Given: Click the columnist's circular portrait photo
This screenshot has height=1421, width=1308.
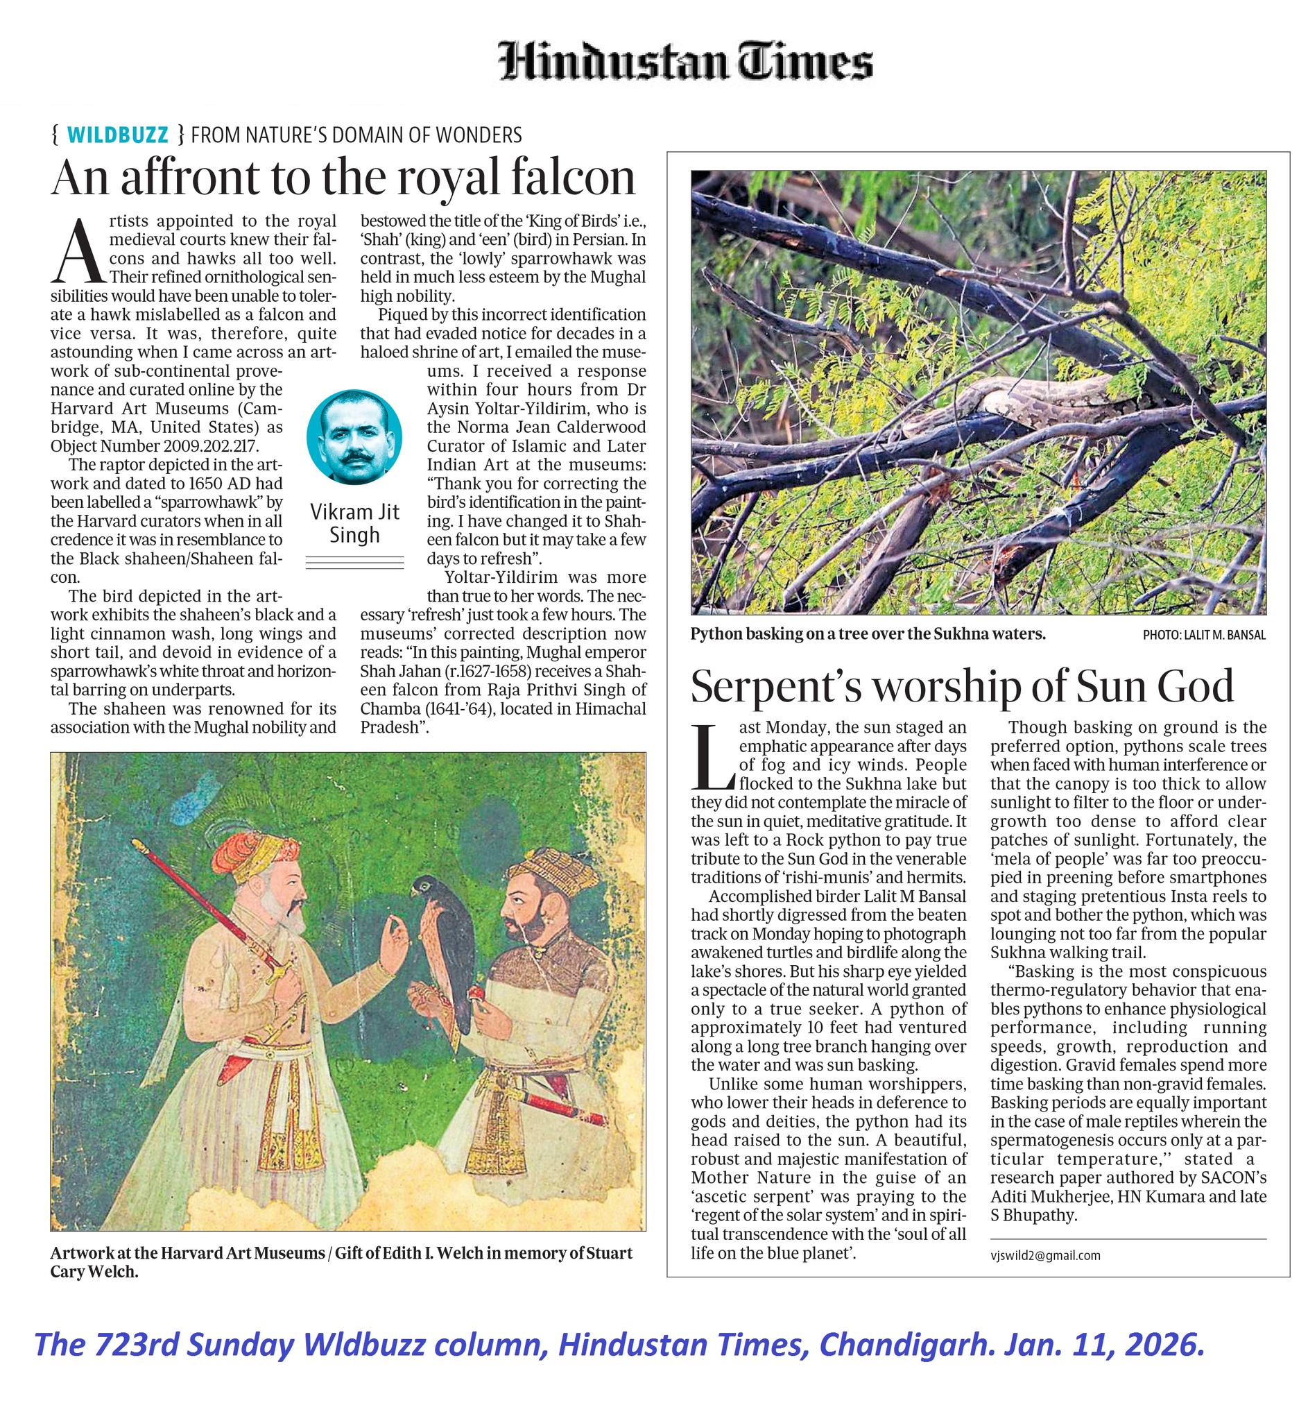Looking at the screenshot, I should (x=354, y=437).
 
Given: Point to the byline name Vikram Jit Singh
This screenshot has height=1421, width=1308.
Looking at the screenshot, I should (x=354, y=523).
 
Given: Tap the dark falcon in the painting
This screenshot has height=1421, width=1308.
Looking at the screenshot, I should (x=441, y=933).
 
